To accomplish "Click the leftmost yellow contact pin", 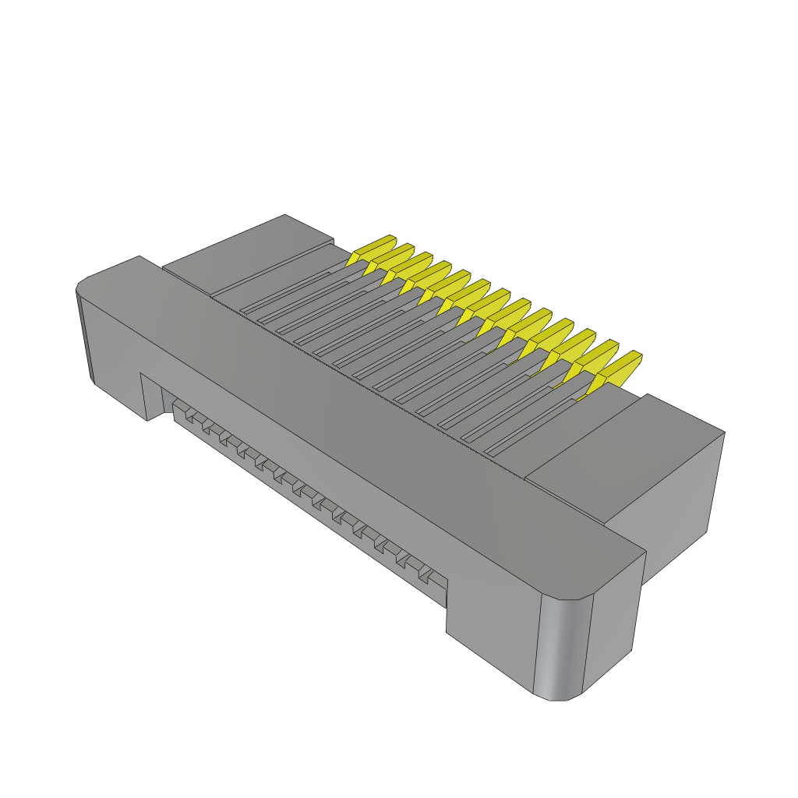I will tap(372, 250).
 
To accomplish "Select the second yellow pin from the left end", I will tap(390, 259).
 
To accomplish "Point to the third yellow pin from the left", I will tap(408, 267).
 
